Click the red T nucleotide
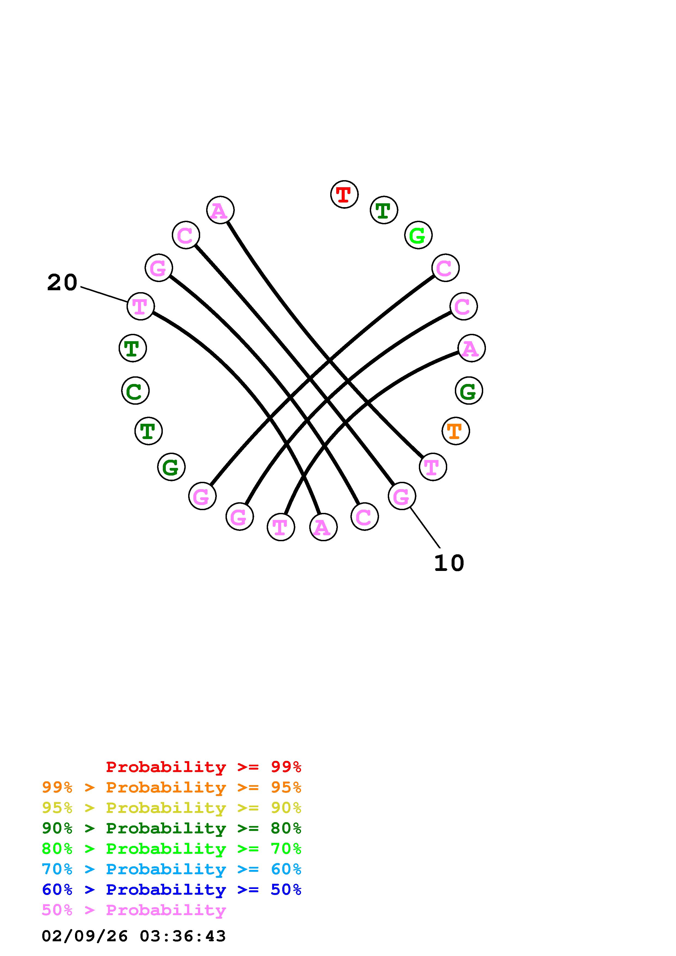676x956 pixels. pos(344,195)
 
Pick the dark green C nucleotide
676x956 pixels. pos(135,391)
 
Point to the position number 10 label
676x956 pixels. pos(449,563)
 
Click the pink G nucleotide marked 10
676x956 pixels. pos(401,496)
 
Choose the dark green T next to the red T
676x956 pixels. pos(384,210)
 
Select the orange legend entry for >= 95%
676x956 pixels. pos(171,787)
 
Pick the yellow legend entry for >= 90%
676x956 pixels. pos(171,808)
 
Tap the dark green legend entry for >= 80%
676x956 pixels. pos(171,828)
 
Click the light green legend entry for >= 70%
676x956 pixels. pos(171,849)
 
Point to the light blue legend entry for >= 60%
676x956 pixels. pos(171,869)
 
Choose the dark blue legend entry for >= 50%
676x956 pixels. pos(171,890)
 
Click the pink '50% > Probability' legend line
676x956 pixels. pos(134,910)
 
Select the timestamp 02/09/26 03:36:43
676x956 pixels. pos(134,936)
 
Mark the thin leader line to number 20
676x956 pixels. pos(104,294)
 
